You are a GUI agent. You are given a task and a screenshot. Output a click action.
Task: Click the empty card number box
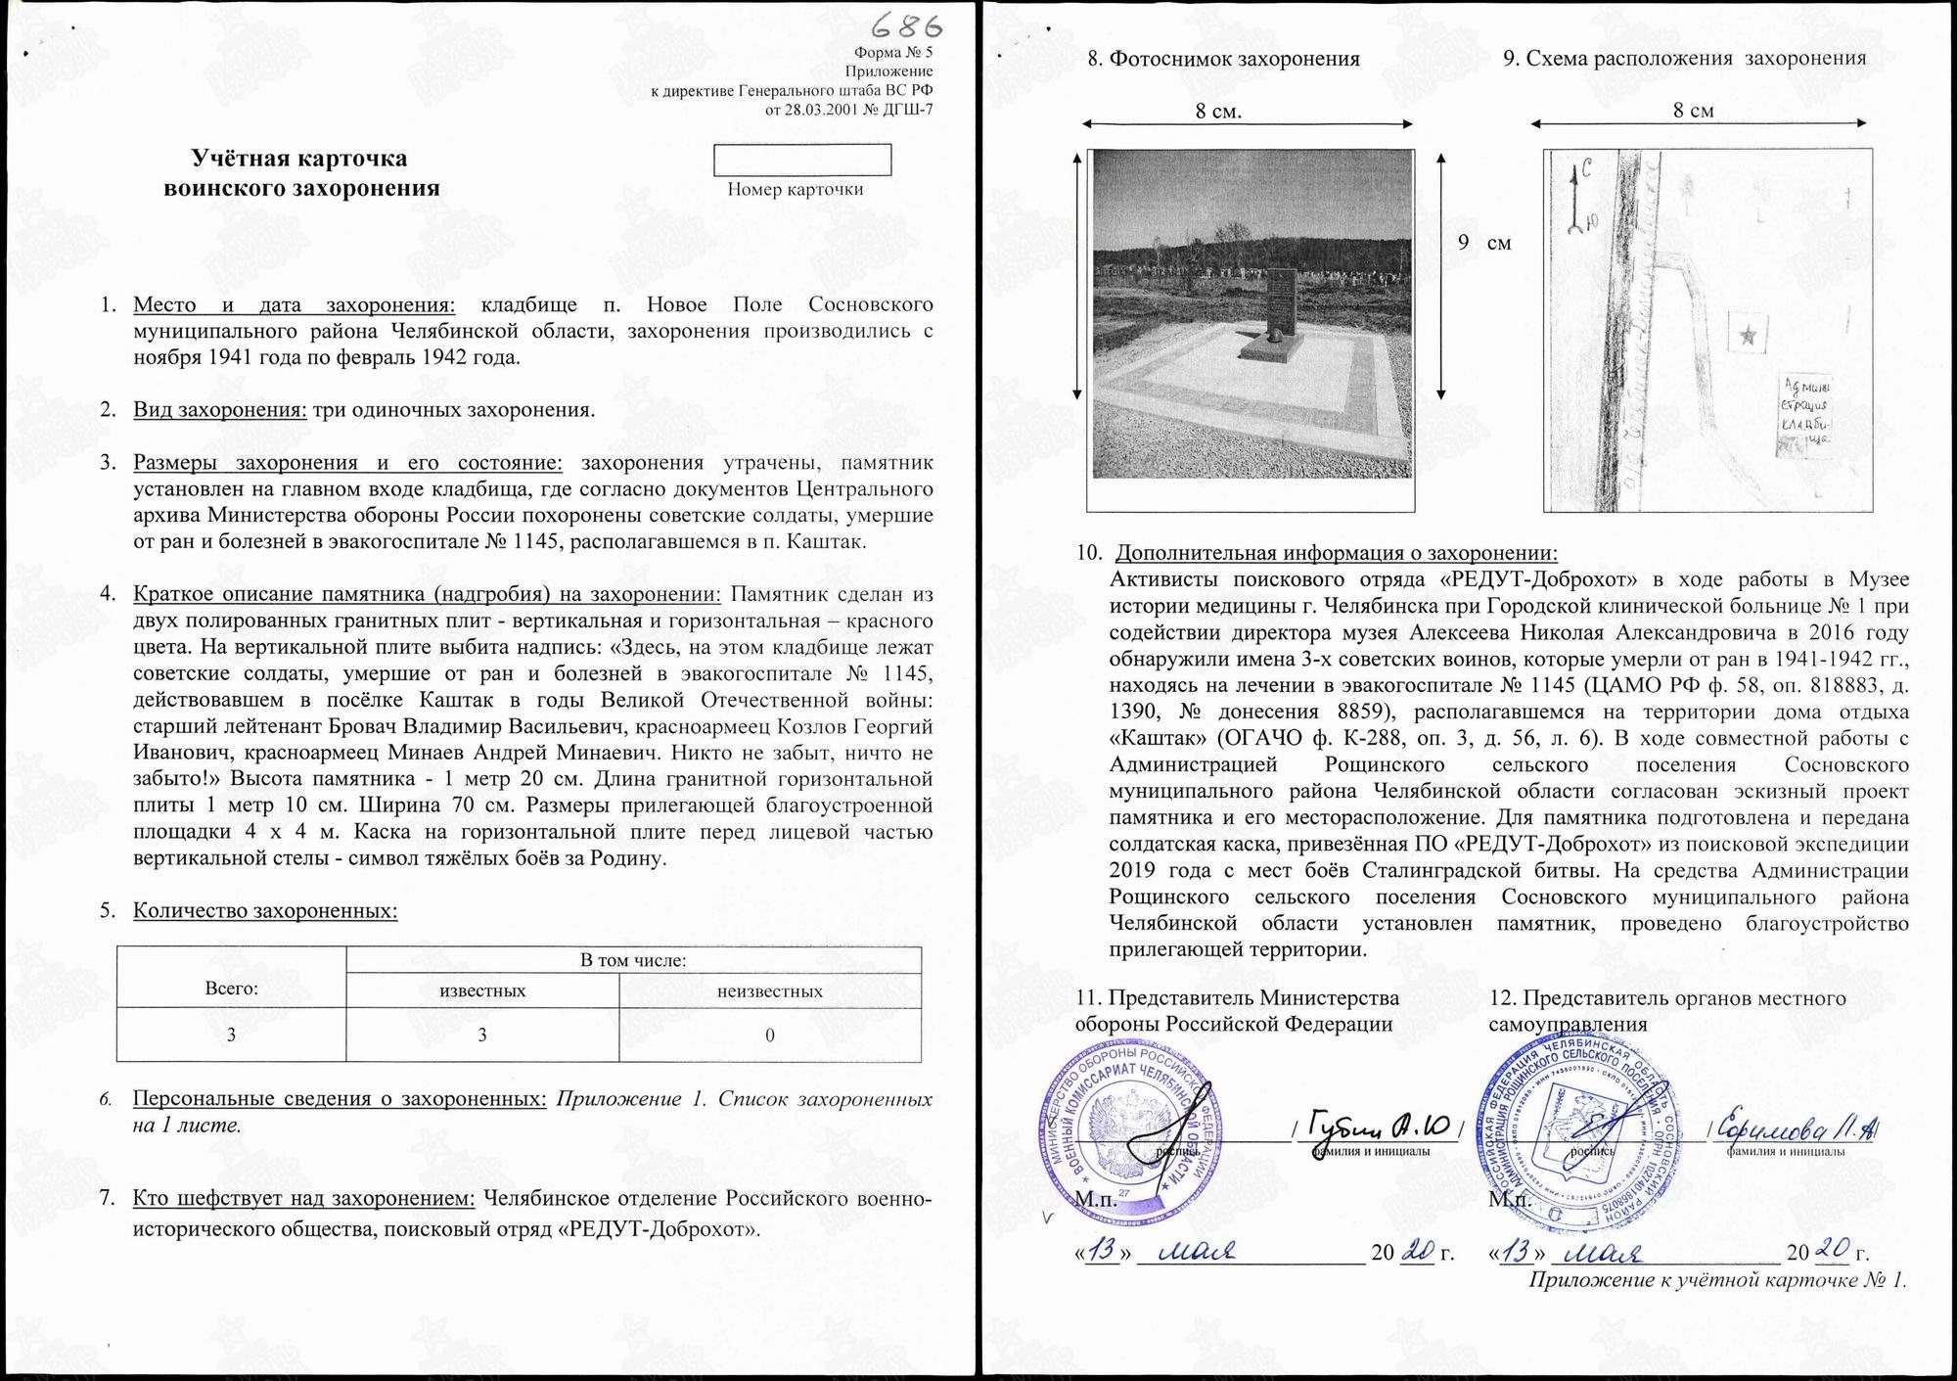coord(802,160)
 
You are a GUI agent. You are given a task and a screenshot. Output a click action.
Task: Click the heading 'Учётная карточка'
coord(299,159)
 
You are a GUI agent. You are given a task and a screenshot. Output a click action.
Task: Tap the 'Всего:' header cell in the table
coord(231,989)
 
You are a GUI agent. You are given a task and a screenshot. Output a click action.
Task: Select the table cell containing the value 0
coord(769,1036)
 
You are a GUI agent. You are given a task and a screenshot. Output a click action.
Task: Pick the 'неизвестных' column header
coord(769,991)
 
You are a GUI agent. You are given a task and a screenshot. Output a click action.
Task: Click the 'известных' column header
coord(482,991)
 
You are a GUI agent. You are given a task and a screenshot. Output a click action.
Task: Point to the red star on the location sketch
coord(1748,337)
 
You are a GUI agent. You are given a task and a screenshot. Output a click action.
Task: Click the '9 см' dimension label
coord(1483,243)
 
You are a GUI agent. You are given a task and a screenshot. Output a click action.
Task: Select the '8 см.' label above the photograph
coord(1218,112)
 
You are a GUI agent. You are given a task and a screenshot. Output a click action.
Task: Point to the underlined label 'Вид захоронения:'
coord(220,409)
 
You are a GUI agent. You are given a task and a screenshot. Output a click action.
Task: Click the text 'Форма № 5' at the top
coord(893,53)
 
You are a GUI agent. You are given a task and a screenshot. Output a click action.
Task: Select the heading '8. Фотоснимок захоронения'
coord(1223,59)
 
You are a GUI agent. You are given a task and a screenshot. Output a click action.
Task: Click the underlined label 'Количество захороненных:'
coord(265,911)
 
